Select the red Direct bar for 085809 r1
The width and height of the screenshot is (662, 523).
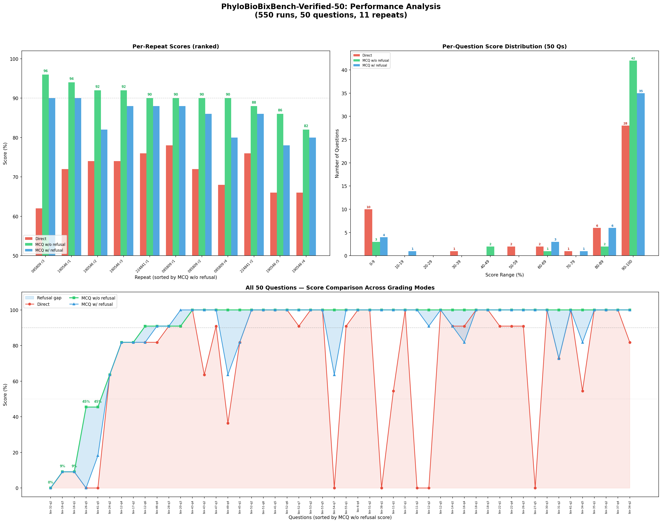[x=169, y=201]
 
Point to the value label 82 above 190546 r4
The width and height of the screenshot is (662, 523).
[x=306, y=126]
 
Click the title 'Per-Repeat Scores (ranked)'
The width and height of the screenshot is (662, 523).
[x=175, y=47]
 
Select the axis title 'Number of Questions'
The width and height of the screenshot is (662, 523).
[x=337, y=153]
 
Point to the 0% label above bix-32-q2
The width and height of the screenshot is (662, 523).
[x=51, y=482]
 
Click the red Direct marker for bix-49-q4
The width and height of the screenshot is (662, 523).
[x=228, y=423]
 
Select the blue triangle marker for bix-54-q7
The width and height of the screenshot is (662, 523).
[x=334, y=375]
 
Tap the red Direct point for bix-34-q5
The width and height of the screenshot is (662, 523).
[x=582, y=391]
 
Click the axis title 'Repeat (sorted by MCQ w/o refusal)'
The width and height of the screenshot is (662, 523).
[x=175, y=277]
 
